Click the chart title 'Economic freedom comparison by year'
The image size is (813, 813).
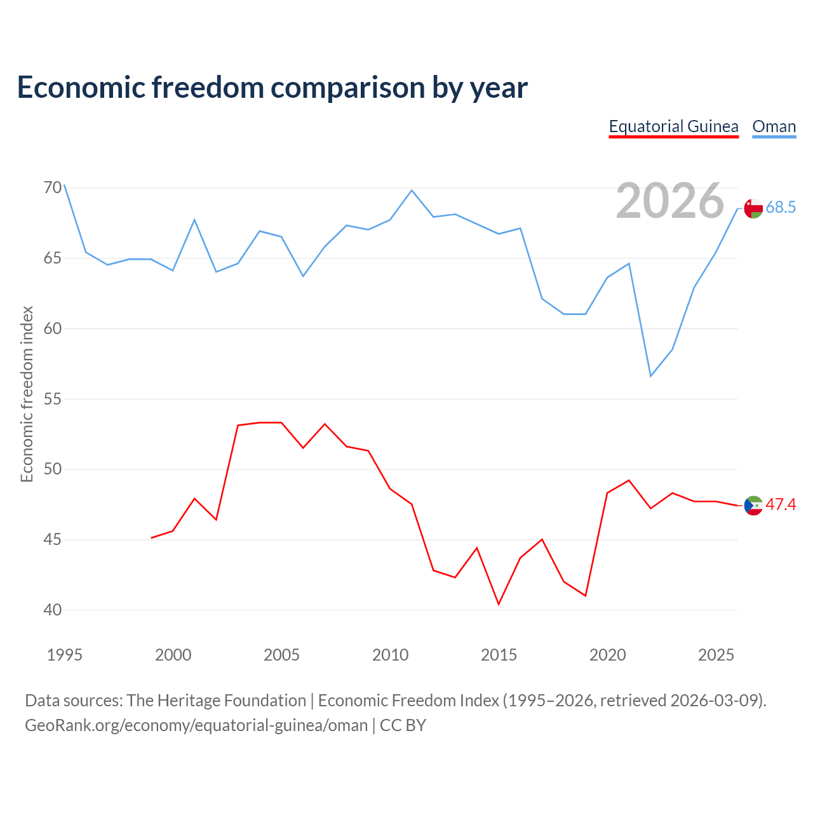click(x=272, y=88)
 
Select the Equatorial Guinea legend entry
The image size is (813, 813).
click(x=673, y=126)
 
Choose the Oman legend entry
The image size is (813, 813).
click(x=774, y=126)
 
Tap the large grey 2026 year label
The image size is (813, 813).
click(x=669, y=201)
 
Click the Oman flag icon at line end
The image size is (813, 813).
click(x=753, y=208)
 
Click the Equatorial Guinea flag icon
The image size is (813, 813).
click(x=753, y=505)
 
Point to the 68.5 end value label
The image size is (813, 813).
click(x=781, y=207)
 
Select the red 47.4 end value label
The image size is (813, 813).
click(x=781, y=504)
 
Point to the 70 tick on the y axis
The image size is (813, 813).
click(x=53, y=187)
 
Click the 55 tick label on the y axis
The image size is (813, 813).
click(x=53, y=398)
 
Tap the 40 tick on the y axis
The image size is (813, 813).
click(x=53, y=610)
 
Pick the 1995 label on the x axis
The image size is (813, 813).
click(x=65, y=655)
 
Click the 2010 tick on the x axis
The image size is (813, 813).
click(x=390, y=655)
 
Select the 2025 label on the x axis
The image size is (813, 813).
click(x=716, y=655)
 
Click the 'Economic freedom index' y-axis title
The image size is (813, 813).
click(x=27, y=394)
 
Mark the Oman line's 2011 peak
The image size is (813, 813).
click(x=412, y=191)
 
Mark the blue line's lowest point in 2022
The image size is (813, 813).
click(x=650, y=376)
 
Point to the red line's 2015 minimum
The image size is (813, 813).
click(x=499, y=604)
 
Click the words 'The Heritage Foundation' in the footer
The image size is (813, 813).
click(x=217, y=701)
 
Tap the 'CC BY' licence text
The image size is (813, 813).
click(x=403, y=726)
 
